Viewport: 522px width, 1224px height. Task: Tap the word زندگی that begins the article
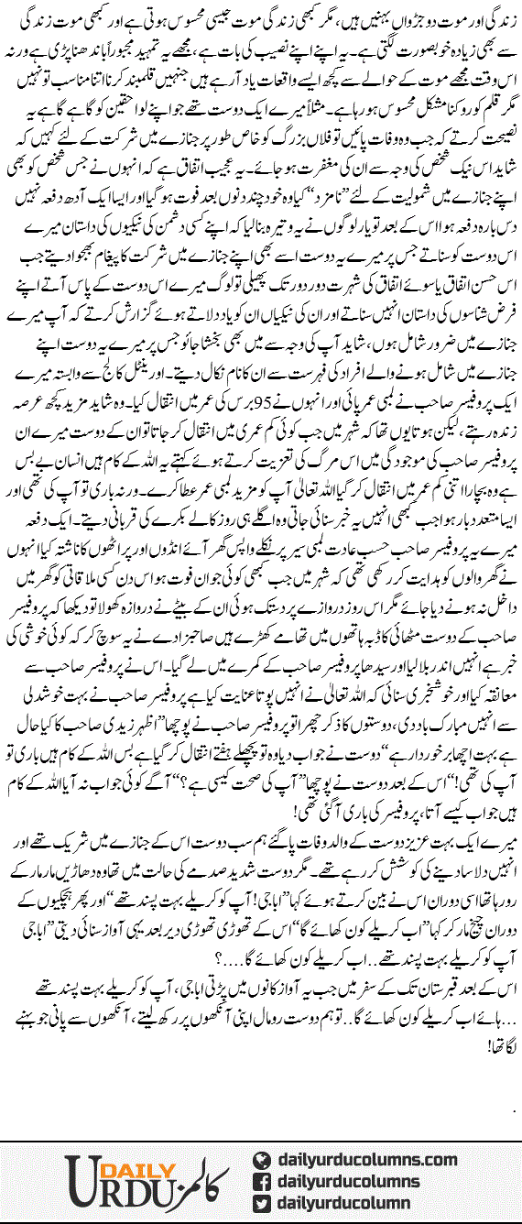(x=500, y=16)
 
